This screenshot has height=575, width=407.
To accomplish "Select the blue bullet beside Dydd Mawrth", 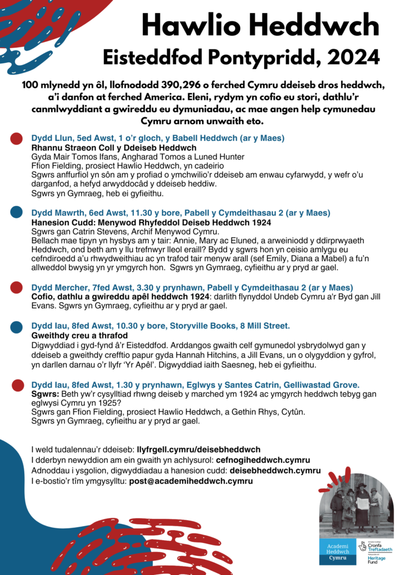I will pyautogui.click(x=17, y=213).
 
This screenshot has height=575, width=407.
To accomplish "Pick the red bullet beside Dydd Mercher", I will pyautogui.click(x=17, y=288).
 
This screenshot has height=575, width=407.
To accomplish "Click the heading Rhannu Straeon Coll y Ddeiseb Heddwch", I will pyautogui.click(x=106, y=148).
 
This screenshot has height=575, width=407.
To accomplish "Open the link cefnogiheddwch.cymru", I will pyautogui.click(x=263, y=460).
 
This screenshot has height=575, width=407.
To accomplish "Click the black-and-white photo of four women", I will pyautogui.click(x=356, y=506).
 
